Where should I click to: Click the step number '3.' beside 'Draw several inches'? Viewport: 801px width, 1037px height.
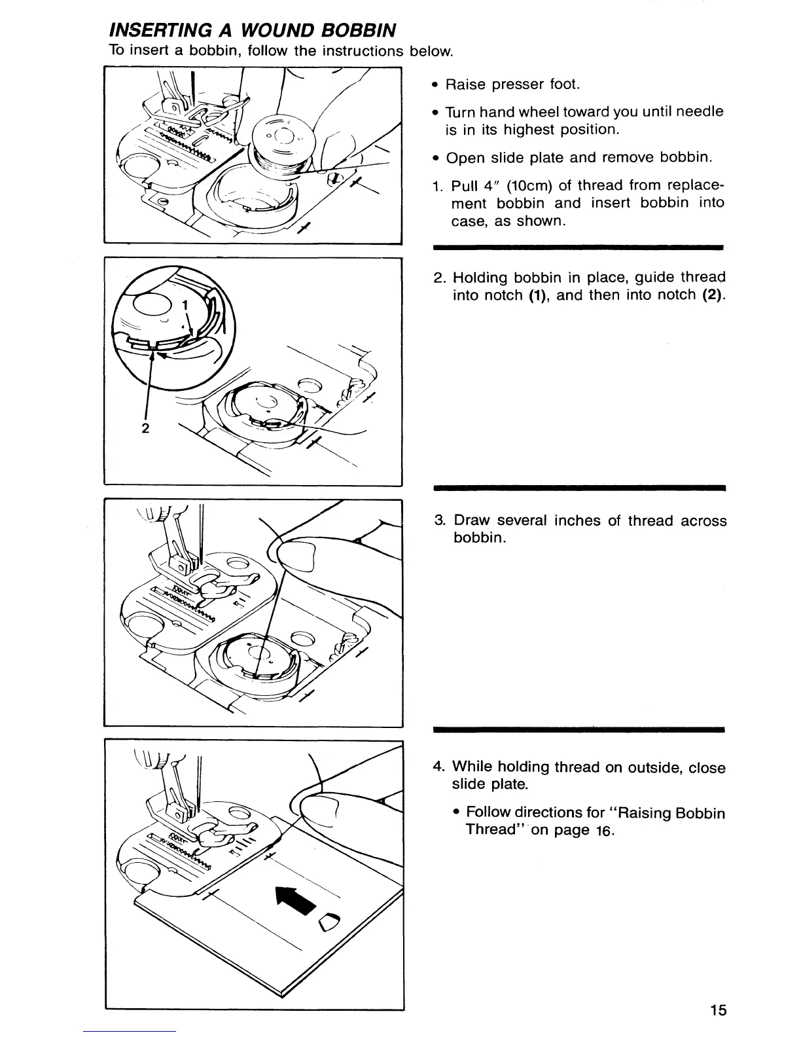(440, 521)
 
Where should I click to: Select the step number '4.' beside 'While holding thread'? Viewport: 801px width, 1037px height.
(440, 767)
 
